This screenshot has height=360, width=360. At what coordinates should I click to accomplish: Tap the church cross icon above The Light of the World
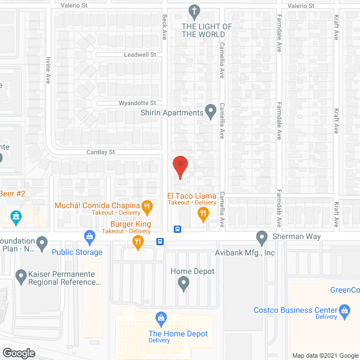(x=195, y=11)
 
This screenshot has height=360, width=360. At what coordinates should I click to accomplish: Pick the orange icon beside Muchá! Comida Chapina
(x=146, y=206)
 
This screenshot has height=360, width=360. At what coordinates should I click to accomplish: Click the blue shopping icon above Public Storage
(x=88, y=236)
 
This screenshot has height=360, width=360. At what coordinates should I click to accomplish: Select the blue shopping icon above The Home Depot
(x=161, y=318)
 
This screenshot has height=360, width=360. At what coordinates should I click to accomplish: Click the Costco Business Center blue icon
(x=344, y=310)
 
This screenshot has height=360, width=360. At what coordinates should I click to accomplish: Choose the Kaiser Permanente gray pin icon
(x=21, y=276)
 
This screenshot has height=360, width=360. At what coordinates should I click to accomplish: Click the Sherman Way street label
(x=297, y=237)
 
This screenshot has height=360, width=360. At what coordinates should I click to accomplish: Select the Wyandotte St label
(x=137, y=103)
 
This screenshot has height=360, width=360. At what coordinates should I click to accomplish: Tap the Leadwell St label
(x=140, y=55)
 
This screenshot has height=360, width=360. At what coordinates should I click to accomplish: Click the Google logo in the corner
(x=18, y=353)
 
